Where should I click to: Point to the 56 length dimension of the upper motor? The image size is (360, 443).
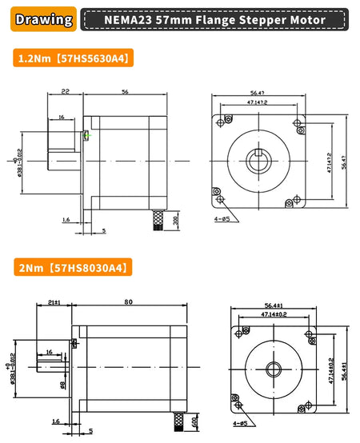[125, 92]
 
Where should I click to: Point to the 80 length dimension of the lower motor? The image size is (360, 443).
[127, 302]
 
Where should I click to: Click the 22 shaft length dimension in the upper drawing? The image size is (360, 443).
[64, 92]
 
